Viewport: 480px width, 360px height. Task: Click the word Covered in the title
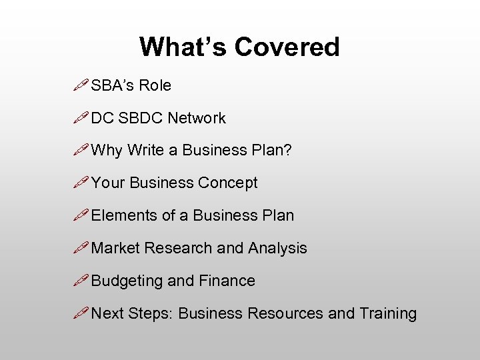[287, 47]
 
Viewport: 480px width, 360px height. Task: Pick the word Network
[197, 118]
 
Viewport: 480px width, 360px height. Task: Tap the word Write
[145, 151]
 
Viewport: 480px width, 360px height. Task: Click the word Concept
[227, 183]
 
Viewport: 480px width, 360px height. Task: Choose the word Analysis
[277, 248]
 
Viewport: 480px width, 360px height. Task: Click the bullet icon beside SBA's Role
[82, 85]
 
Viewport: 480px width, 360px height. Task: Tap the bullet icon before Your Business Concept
[82, 182]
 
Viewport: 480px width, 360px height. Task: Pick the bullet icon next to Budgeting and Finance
[82, 280]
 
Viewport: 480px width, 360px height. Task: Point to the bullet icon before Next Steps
[82, 313]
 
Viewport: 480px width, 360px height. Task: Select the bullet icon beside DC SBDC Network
[82, 117]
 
